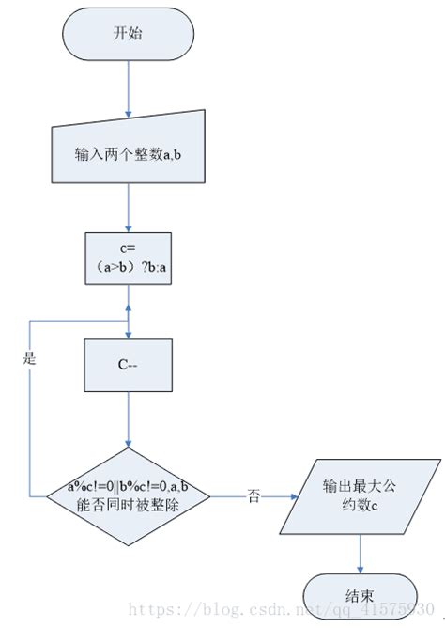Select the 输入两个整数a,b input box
coord(128,154)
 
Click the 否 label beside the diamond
coord(253,494)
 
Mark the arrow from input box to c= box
coord(128,207)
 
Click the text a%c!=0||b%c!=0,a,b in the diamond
coord(128,485)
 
